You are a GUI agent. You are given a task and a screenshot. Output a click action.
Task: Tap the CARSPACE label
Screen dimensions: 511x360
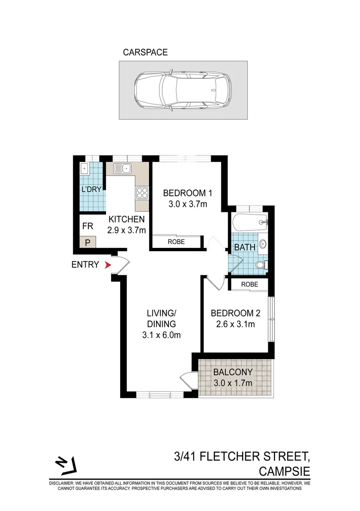tap(145, 53)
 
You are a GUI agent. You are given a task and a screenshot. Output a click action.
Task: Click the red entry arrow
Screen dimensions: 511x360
tap(108, 265)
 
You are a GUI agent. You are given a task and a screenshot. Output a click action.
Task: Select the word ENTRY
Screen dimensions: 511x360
tap(85, 265)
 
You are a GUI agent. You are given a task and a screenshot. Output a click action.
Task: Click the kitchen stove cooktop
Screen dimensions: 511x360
tap(141, 193)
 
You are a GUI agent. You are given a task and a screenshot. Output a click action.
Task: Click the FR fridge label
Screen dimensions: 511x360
tap(87, 226)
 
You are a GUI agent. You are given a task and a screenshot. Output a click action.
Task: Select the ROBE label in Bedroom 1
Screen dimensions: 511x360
tap(176, 242)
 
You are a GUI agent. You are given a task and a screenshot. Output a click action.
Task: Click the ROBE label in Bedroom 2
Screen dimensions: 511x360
tap(249, 284)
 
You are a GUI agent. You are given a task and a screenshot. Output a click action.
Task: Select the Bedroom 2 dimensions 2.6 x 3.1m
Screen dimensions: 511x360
tap(233, 325)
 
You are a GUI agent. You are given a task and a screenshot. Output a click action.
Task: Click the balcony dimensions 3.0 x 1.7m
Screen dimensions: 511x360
tap(232, 383)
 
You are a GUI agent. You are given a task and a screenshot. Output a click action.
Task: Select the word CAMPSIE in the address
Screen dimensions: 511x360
tap(284, 471)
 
